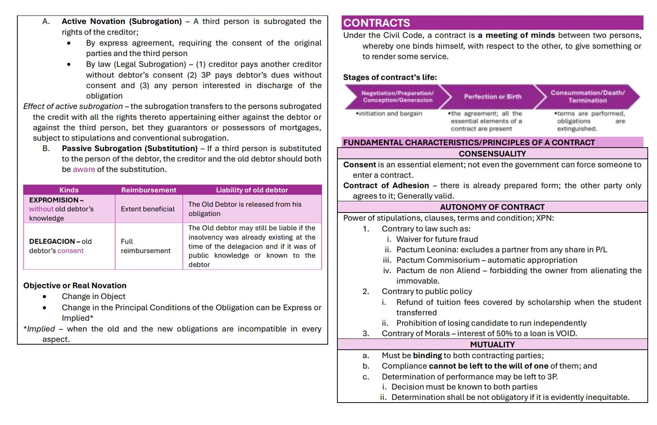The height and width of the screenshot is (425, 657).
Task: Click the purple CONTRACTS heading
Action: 377,23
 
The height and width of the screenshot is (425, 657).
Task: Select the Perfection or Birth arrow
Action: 492,96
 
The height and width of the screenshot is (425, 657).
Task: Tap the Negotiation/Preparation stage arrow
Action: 398,96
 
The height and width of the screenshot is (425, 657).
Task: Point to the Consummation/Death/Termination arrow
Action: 587,96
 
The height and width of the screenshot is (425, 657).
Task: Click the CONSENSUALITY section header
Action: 492,153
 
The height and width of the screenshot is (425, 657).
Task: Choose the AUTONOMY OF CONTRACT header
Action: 492,207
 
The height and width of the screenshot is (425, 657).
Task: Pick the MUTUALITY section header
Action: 492,344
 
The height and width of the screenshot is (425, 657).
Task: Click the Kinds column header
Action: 69,190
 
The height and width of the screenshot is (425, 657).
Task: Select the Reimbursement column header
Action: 148,190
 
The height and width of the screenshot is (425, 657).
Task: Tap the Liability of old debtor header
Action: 252,190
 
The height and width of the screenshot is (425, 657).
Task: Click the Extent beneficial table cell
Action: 148,209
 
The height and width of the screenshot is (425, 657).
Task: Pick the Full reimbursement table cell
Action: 145,246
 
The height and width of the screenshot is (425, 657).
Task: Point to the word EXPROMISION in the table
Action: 54,200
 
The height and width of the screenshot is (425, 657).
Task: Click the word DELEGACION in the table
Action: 52,241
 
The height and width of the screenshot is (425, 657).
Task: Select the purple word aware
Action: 84,169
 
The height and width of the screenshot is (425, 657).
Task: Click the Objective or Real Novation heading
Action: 75,286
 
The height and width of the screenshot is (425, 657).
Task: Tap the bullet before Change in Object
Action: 44,297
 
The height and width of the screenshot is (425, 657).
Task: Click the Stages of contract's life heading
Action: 390,77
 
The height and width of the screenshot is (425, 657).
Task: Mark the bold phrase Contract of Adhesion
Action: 386,185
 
